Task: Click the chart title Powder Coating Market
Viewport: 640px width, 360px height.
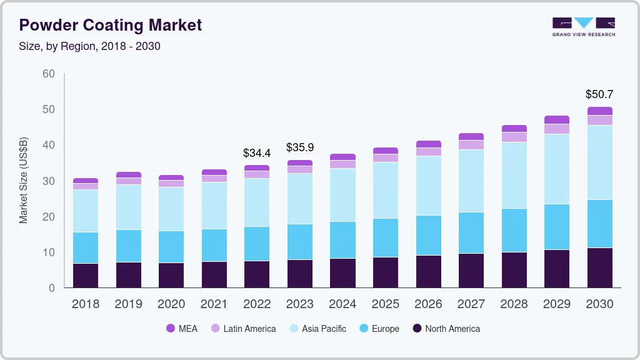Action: [x=111, y=25]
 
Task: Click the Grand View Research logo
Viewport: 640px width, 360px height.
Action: [x=583, y=26]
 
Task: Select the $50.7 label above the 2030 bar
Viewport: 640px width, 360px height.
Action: [x=599, y=94]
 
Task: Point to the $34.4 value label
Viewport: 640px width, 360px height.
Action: [x=256, y=152]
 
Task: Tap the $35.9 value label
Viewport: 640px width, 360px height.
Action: [x=299, y=147]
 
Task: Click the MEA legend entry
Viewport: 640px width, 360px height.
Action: [x=182, y=329]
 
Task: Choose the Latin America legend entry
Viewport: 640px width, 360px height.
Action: [x=243, y=329]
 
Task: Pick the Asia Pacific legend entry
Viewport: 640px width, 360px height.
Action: [x=317, y=329]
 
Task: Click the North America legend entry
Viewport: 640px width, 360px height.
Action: [x=446, y=329]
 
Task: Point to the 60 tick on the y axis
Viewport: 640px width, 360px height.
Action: [x=48, y=74]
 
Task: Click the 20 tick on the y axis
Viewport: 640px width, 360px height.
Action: [x=48, y=217]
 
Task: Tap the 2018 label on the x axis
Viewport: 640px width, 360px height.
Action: [x=85, y=304]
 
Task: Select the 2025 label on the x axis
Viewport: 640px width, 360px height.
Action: [x=386, y=304]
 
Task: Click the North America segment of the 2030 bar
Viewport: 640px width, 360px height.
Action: [x=599, y=267]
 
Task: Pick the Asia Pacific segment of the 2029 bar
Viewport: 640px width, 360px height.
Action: [x=557, y=169]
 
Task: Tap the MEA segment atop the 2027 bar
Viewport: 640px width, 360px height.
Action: [x=471, y=136]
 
